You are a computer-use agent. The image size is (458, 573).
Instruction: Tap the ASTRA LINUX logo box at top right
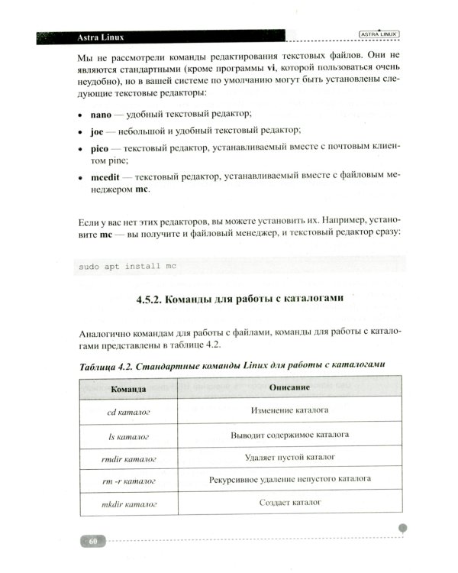379,34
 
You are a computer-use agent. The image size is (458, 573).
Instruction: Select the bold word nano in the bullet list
101,114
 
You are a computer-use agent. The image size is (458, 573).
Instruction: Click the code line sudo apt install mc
127,266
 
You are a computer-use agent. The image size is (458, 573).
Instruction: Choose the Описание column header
289,388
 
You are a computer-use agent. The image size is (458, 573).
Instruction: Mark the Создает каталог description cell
289,503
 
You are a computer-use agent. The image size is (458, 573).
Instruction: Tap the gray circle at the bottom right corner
404,527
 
